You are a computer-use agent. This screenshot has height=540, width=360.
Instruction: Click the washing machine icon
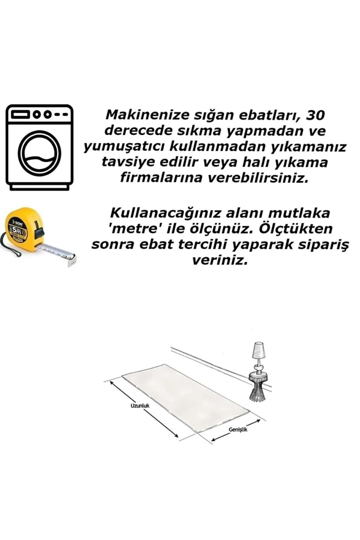pos(39,147)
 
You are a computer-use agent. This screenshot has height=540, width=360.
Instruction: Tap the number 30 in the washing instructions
pos(314,115)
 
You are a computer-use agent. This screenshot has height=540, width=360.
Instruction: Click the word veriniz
pos(220,261)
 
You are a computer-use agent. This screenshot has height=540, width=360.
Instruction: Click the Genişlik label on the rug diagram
pos(238,430)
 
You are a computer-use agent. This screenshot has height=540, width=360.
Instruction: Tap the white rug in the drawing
pos(186,396)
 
